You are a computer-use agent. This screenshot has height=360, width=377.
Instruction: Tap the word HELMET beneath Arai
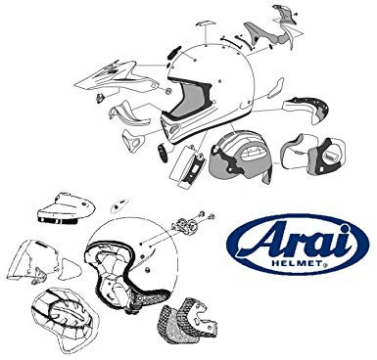point(301,267)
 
